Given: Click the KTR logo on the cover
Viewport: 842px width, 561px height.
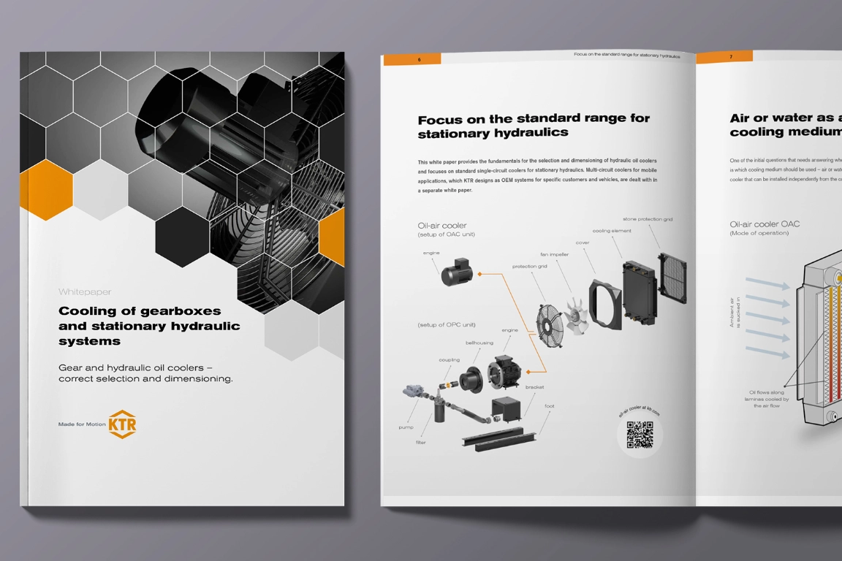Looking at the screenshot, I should click(122, 424).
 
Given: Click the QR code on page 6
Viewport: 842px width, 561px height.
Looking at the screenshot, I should click(640, 435).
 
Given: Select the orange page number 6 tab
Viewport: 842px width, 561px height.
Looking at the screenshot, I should click(411, 59).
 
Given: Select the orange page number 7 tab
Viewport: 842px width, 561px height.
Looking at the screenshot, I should click(724, 56).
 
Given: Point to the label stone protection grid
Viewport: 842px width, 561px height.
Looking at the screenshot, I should click(647, 219).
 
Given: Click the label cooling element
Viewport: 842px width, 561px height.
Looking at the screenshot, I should click(612, 231).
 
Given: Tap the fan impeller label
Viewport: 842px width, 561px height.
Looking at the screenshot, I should click(554, 254).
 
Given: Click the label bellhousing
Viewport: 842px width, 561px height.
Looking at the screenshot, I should click(479, 343).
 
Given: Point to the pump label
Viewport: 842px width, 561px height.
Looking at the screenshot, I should click(406, 427).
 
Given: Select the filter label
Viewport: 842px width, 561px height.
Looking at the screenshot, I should click(421, 443).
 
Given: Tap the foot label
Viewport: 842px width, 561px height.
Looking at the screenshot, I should click(549, 406).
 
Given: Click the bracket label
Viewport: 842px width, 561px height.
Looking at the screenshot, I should click(534, 387).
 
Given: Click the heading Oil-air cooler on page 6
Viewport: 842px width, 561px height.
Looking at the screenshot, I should click(442, 226).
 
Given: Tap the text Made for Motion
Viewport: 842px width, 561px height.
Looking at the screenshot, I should click(81, 424).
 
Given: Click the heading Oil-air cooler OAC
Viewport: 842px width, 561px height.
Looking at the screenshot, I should click(764, 224).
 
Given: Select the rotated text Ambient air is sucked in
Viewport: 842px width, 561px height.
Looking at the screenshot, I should click(735, 312).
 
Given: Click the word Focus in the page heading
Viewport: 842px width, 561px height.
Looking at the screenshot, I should click(439, 119).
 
